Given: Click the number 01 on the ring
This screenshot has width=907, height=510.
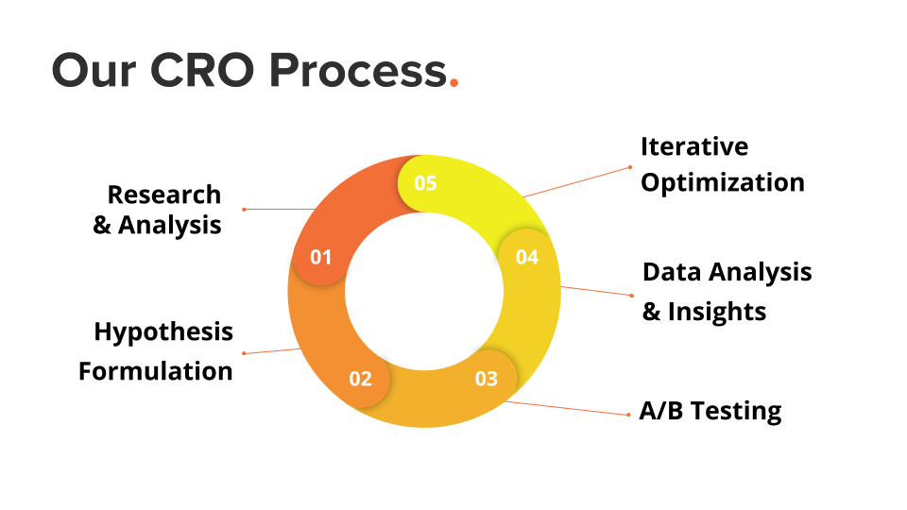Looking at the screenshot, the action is pyautogui.click(x=320, y=257).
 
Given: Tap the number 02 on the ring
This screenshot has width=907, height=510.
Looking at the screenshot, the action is pyautogui.click(x=360, y=379).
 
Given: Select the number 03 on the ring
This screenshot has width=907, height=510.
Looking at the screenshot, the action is pyautogui.click(x=486, y=379).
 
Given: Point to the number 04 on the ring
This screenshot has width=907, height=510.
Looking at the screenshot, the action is pyautogui.click(x=527, y=257).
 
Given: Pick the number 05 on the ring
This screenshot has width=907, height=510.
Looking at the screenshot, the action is pyautogui.click(x=425, y=183).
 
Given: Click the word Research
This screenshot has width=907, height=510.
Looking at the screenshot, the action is pyautogui.click(x=164, y=195).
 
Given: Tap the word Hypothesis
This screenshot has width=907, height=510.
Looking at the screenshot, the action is pyautogui.click(x=163, y=332).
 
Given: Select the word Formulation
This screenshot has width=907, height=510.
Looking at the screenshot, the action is pyautogui.click(x=156, y=371).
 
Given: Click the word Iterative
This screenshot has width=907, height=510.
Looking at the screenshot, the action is pyautogui.click(x=694, y=147).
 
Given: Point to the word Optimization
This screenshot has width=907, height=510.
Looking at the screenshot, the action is pyautogui.click(x=723, y=183).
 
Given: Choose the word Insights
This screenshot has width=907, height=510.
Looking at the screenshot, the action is pyautogui.click(x=717, y=312).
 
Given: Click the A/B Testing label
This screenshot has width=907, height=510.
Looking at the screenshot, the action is pyautogui.click(x=710, y=411).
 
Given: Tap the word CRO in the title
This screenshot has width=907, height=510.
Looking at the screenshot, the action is pyautogui.click(x=202, y=71).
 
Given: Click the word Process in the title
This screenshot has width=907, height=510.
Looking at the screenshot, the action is pyautogui.click(x=359, y=71).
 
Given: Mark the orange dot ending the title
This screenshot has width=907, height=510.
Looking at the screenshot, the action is pyautogui.click(x=454, y=83).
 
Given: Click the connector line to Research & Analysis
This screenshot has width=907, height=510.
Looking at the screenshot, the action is pyautogui.click(x=280, y=210).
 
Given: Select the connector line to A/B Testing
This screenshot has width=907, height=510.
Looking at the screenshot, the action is pyautogui.click(x=568, y=408).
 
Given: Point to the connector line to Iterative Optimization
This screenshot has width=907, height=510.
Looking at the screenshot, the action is pyautogui.click(x=576, y=182).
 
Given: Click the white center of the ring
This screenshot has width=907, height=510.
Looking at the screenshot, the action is pyautogui.click(x=424, y=292).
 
